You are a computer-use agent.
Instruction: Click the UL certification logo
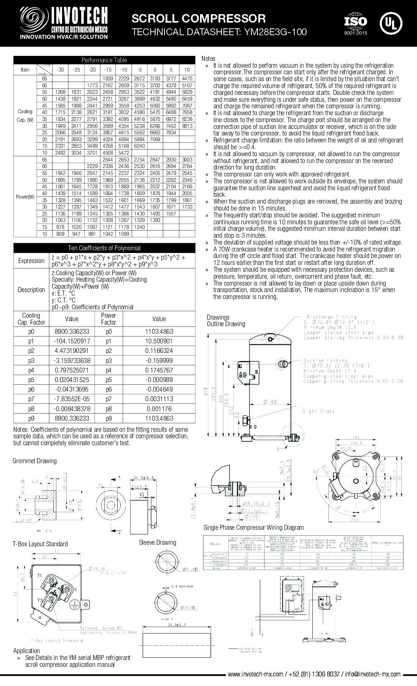tap(391, 23)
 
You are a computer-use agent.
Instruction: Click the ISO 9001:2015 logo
tap(355, 24)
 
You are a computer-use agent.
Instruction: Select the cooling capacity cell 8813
tap(187, 126)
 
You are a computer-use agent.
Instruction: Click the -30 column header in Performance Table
tap(60, 70)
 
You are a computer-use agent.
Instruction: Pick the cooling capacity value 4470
tap(187, 78)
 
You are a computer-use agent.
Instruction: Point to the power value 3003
tap(187, 159)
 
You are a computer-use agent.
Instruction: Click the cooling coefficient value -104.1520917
tap(72, 341)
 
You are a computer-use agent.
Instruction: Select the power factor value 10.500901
tap(159, 341)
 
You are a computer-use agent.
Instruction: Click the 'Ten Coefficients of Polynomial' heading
tap(104, 248)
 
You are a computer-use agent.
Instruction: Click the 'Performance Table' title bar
tap(104, 60)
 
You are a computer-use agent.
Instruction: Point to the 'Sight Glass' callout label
tap(318, 411)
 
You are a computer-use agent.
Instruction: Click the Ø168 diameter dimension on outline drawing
tap(271, 402)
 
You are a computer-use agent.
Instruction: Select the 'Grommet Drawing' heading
tap(34, 461)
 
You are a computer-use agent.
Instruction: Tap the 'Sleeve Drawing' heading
tap(158, 542)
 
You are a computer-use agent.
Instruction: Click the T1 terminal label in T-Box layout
tap(39, 576)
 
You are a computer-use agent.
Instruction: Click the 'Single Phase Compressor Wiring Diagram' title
tap(254, 528)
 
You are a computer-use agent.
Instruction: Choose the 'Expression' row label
tap(31, 261)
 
